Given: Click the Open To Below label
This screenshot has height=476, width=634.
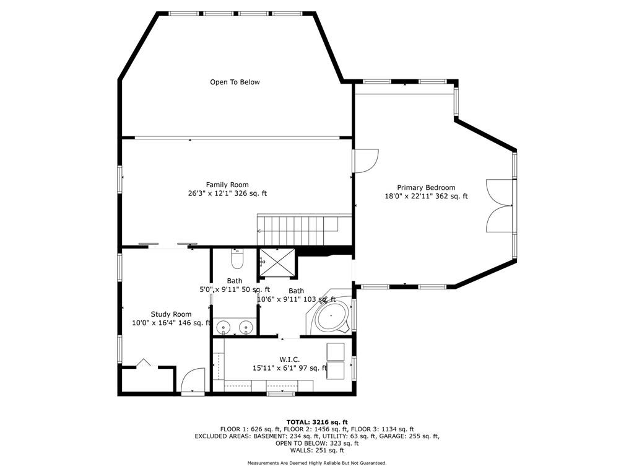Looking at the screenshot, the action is [235, 82].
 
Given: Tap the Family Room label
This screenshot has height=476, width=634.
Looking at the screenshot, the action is [227, 185].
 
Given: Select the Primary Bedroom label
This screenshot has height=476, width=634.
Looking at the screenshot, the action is [426, 188].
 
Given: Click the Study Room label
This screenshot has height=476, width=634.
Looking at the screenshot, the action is [171, 314].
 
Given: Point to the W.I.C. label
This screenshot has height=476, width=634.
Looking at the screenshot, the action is [290, 359].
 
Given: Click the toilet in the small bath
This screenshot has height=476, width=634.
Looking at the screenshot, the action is [237, 258].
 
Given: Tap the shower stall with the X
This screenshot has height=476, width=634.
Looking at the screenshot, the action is [277, 262].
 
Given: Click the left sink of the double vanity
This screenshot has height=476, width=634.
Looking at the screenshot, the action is [222, 326].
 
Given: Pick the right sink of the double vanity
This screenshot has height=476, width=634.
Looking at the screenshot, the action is [245, 326].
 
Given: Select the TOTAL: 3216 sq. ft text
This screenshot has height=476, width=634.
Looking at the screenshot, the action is [317, 422].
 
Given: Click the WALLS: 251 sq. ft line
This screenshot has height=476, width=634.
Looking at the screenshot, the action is [317, 450].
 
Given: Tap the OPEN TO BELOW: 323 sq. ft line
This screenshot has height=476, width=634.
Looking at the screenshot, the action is [317, 443].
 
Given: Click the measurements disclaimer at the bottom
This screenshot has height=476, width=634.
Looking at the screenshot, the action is [317, 462].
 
